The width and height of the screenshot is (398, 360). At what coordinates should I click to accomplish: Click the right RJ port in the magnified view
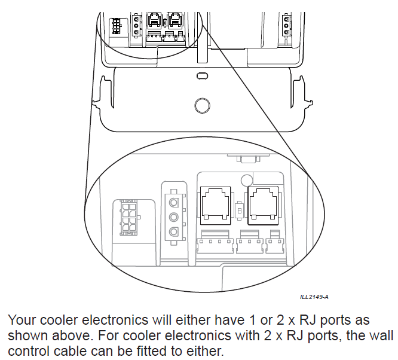[263, 201]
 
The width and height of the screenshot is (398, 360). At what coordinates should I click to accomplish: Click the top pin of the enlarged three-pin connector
[173, 201]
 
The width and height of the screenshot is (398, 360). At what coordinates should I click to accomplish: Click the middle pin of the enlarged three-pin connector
[173, 216]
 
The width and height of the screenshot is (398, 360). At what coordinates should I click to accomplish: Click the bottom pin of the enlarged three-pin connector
[173, 232]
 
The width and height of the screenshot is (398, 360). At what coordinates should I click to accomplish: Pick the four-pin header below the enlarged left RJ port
[213, 245]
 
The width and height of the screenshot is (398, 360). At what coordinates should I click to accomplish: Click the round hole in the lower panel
[203, 105]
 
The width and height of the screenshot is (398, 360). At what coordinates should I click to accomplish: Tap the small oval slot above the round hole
[203, 77]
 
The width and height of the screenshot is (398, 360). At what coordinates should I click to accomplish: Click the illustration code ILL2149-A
[314, 297]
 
